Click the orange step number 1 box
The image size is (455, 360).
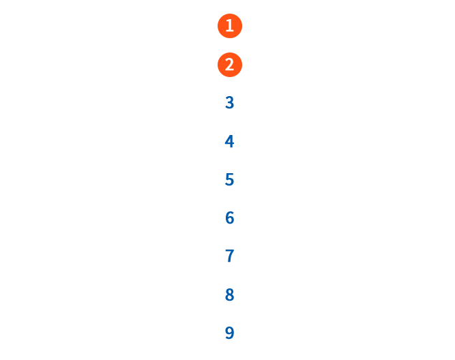[229, 26]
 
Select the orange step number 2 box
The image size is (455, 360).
[229, 64]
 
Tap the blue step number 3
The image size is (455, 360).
[229, 103]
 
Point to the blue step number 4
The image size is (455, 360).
[229, 141]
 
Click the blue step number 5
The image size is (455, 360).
[229, 179]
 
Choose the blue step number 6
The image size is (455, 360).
[229, 217]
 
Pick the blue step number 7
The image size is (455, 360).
[229, 256]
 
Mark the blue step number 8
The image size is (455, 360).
[229, 295]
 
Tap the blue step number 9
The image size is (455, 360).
[229, 333]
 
